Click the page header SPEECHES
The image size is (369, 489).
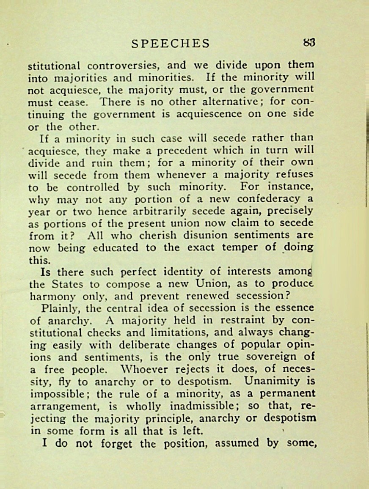170,43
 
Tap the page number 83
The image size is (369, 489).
309,43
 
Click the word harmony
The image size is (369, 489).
48,296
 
